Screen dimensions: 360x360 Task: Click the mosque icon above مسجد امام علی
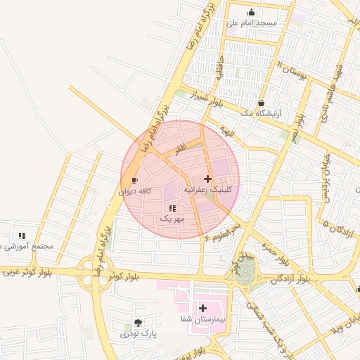(252, 12)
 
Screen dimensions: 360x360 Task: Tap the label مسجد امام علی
(252, 23)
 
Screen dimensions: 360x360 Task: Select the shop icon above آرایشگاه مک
(262, 102)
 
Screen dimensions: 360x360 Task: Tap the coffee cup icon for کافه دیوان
(135, 180)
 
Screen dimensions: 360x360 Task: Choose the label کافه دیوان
(135, 191)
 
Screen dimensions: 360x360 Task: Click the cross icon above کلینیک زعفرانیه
(207, 179)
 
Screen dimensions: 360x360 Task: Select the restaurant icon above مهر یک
(172, 208)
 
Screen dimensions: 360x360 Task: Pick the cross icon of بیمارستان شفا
(202, 308)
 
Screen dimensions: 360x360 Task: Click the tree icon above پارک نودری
(138, 323)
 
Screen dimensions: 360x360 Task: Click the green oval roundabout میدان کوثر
(245, 273)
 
